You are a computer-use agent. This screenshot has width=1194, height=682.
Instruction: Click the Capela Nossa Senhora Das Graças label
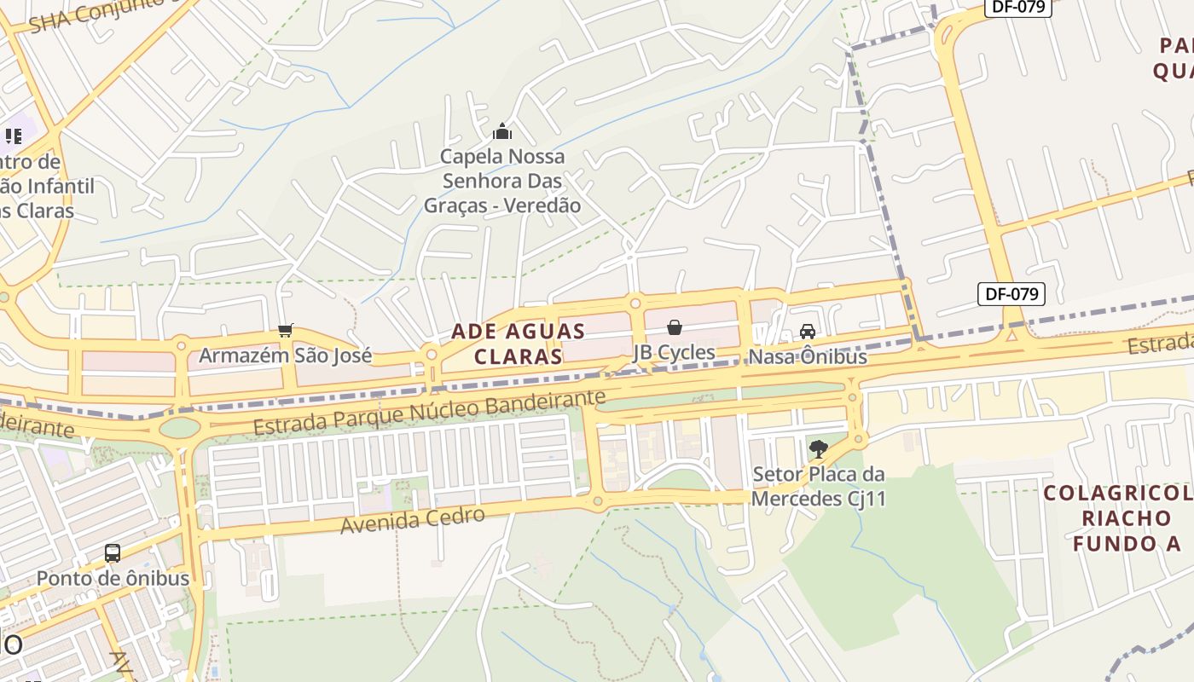point(502,181)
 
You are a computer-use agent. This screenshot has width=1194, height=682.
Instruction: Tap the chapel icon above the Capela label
point(502,131)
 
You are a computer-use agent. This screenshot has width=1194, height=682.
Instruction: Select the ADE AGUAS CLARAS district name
point(518,344)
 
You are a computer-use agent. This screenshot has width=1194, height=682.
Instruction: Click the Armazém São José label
point(285,355)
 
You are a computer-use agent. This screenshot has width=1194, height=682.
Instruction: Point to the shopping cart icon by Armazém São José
point(286,330)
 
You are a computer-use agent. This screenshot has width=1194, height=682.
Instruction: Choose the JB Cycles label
point(674,352)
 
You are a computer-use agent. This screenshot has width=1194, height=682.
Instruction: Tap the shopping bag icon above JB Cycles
point(674,327)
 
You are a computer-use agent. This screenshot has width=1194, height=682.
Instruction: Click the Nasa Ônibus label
point(807,356)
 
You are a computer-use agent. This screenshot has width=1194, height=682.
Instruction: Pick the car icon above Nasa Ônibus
point(807,331)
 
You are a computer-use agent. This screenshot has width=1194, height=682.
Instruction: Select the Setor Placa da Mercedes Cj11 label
point(819,486)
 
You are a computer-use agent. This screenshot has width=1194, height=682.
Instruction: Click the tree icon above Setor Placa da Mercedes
point(819,448)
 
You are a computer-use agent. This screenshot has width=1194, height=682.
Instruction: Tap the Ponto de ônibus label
point(113,577)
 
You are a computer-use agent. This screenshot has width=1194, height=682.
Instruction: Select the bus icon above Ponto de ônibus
point(113,552)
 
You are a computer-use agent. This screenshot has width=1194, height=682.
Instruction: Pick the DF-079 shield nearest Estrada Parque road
point(1011,294)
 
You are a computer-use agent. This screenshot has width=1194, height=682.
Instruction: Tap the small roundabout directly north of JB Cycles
point(635,303)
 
